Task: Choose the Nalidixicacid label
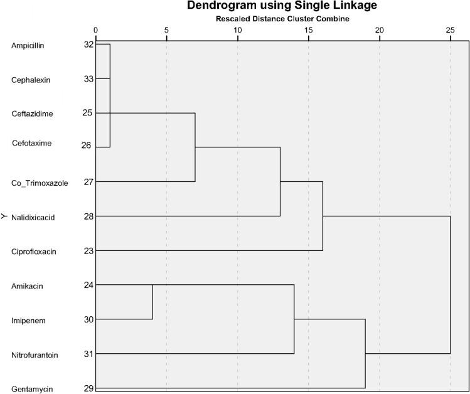[x=34, y=218]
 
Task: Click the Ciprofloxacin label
[x=34, y=252]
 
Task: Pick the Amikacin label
[x=26, y=286]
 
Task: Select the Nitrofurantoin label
[x=35, y=355]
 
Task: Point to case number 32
[x=88, y=45]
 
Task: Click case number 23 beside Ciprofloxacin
[x=88, y=251]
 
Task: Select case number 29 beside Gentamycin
[x=88, y=388]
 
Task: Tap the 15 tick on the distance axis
[x=308, y=29]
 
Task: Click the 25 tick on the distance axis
[x=450, y=29]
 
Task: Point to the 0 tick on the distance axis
[x=95, y=29]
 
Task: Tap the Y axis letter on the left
[x=4, y=217]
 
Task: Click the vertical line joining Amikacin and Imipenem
[x=152, y=302]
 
